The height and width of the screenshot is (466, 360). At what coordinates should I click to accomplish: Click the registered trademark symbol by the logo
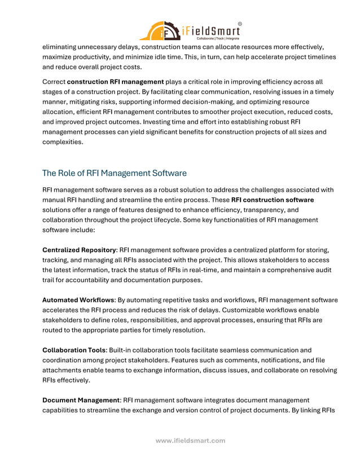point(239,24)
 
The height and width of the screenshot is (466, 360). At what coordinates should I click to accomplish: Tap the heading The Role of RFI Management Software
point(115,173)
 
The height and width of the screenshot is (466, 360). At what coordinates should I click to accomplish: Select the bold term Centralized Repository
point(79,249)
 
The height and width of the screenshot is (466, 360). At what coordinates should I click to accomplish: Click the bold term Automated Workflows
point(78,300)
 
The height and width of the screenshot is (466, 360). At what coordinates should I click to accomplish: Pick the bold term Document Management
point(81,401)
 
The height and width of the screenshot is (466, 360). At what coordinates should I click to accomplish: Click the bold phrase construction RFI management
point(115,82)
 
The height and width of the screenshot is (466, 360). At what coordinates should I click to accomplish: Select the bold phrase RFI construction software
point(273,200)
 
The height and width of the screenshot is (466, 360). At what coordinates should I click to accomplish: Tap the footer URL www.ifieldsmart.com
point(190,441)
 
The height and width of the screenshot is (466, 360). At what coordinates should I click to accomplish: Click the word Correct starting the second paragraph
point(54,82)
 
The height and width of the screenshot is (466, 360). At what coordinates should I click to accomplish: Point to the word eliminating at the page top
point(62,47)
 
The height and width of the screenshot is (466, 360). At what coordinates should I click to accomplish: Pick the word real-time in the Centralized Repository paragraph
point(194,270)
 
